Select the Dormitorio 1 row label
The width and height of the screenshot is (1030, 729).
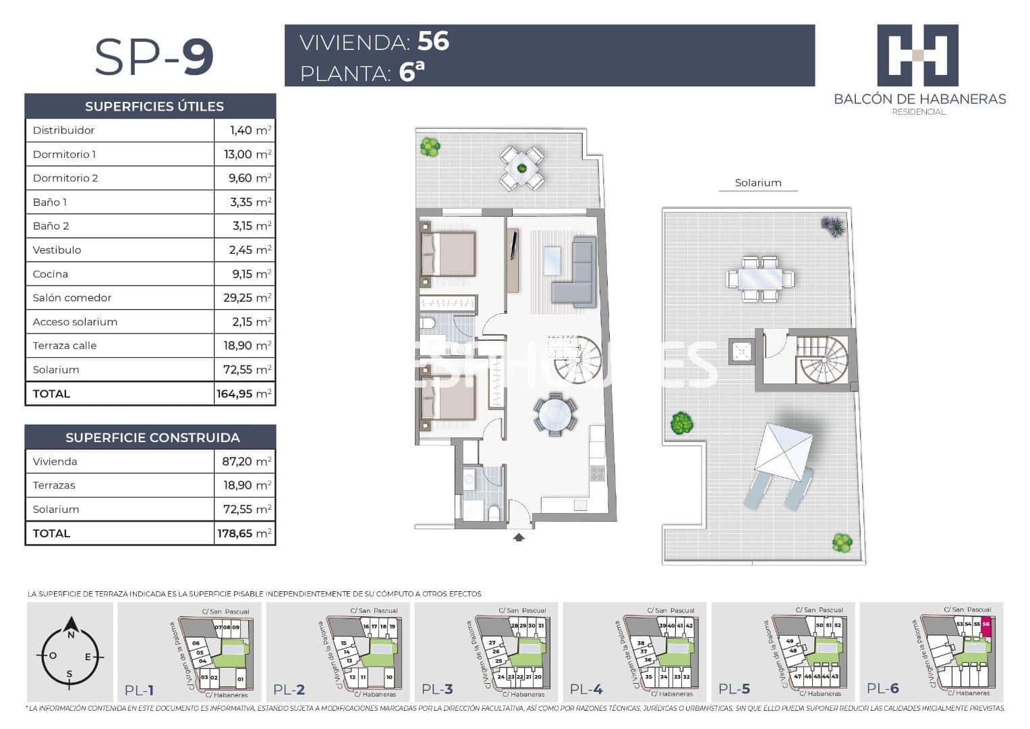tap(64, 155)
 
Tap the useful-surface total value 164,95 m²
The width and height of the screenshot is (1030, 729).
tap(244, 394)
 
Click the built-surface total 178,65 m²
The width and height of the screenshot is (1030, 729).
tap(244, 533)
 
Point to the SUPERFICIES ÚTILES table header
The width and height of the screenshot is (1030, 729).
tap(154, 106)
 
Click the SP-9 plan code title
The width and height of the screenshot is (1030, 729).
tap(154, 57)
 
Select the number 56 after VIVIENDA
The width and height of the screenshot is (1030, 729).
tap(433, 41)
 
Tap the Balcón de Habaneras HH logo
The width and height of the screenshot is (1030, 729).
tap(917, 55)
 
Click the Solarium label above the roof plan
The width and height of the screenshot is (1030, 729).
tap(757, 183)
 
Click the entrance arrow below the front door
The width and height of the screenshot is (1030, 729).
tap(519, 537)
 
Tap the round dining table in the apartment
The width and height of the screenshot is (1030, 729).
tap(555, 414)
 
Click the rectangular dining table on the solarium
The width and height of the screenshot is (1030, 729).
tap(760, 278)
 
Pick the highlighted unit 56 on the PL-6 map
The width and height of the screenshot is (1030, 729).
tap(986, 624)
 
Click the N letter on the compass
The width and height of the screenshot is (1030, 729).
tap(70, 634)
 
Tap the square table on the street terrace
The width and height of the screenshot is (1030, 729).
tap(521, 168)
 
